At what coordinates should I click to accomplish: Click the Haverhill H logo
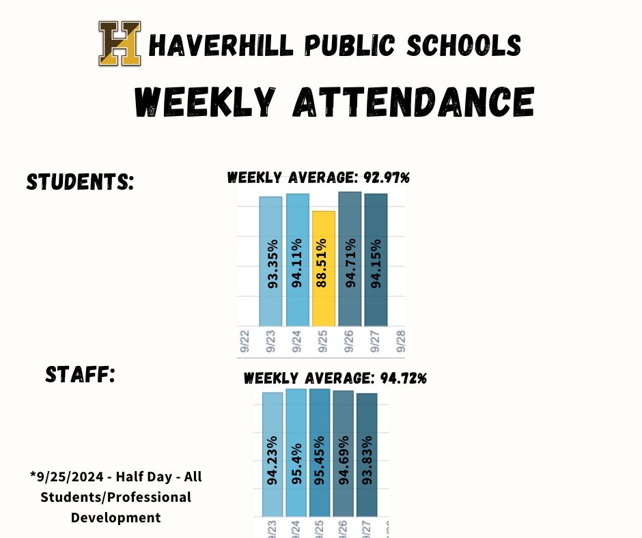tap(120, 44)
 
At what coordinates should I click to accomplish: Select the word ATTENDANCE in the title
tap(413, 102)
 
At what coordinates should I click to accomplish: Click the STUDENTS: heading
tap(80, 182)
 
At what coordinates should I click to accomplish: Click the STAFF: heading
tap(79, 374)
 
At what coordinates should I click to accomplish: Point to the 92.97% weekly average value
tap(385, 178)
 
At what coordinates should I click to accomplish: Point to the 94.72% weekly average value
tap(402, 378)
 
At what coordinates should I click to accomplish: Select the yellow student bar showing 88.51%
tap(324, 268)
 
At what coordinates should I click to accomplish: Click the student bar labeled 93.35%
tap(270, 261)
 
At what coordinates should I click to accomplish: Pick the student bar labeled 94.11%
tap(297, 260)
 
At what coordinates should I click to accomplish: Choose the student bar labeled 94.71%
tap(350, 259)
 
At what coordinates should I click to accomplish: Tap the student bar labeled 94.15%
tap(376, 260)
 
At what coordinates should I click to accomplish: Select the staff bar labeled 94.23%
tap(273, 454)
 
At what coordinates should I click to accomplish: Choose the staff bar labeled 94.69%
tap(343, 453)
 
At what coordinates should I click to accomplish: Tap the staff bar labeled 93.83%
tap(367, 455)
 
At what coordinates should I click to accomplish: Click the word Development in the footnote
tap(116, 518)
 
